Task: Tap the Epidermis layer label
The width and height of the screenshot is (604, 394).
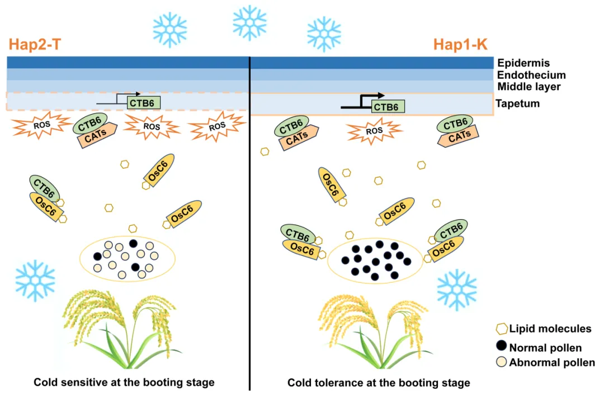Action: (x=523, y=63)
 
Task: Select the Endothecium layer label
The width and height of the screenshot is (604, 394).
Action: (x=531, y=75)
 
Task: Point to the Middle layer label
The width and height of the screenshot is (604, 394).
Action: (x=528, y=87)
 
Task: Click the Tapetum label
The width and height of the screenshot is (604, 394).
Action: (x=517, y=103)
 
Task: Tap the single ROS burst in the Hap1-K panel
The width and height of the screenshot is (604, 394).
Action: (x=374, y=131)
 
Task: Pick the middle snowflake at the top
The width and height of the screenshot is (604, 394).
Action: (x=249, y=22)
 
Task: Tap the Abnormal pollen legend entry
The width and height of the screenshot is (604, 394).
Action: (x=545, y=363)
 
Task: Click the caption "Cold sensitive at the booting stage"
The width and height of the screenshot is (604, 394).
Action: (x=124, y=383)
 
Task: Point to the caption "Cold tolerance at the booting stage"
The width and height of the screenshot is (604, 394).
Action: (x=379, y=383)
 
